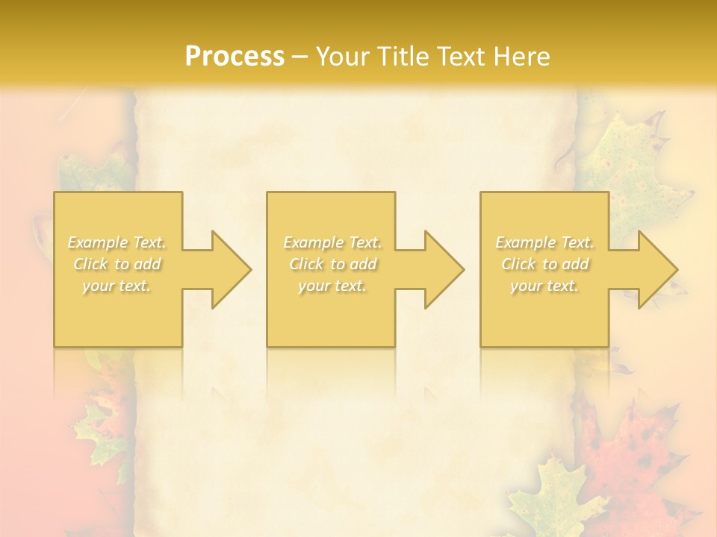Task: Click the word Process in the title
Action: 235,57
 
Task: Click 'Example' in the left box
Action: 97,242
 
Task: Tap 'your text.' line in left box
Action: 117,286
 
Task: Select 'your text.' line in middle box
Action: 332,286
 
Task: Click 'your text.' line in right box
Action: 544,286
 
